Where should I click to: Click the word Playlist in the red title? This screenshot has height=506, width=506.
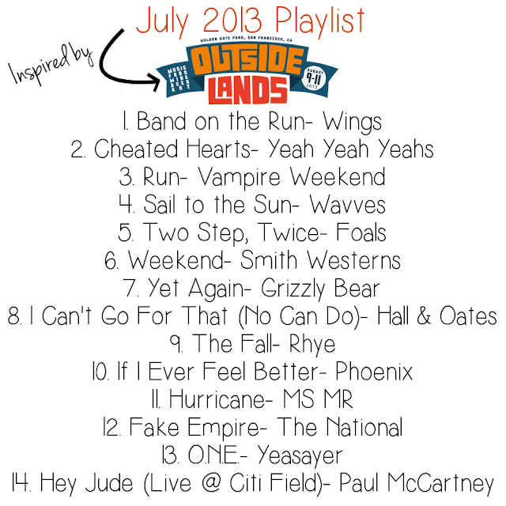tap(320, 22)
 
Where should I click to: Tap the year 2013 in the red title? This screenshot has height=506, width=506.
tap(232, 20)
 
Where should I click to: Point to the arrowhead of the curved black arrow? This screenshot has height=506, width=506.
tap(154, 81)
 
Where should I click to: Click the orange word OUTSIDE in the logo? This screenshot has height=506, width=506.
tap(247, 61)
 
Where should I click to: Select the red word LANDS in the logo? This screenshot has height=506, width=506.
tap(247, 90)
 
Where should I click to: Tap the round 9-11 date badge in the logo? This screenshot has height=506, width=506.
tap(313, 78)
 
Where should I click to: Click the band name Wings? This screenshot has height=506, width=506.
tap(352, 123)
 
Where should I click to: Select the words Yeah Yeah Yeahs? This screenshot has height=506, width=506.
tap(350, 149)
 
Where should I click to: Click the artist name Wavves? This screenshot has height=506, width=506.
tap(347, 205)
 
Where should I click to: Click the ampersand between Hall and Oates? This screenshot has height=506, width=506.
tap(424, 315)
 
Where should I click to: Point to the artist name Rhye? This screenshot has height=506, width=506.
tap(312, 345)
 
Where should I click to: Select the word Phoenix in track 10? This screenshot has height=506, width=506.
tap(374, 372)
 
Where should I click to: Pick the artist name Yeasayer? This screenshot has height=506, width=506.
tap(300, 456)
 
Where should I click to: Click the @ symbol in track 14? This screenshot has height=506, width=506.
tap(211, 483)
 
